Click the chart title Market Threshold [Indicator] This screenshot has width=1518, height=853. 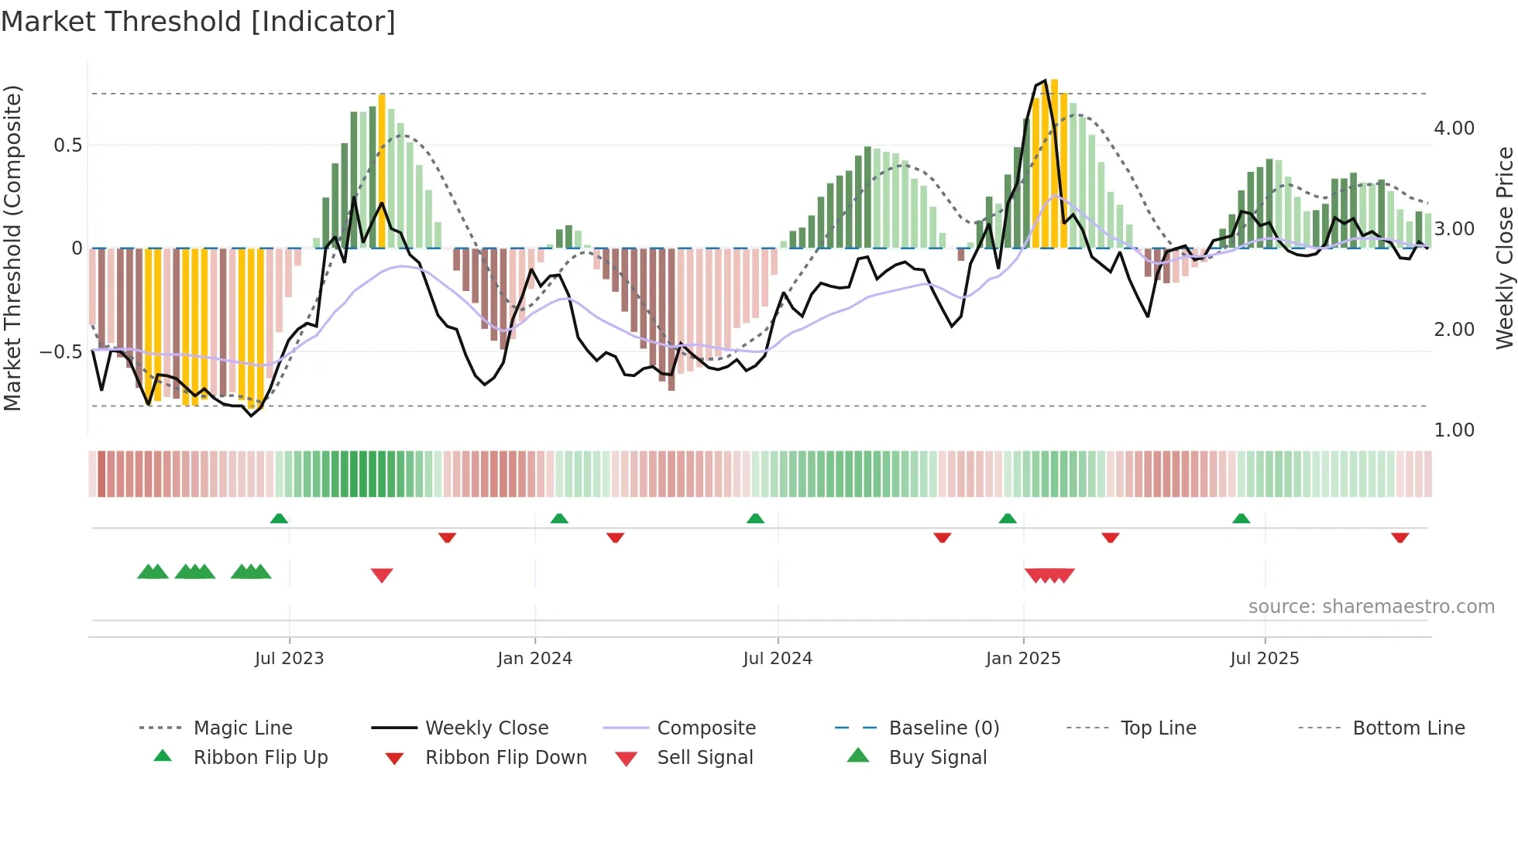click(x=198, y=22)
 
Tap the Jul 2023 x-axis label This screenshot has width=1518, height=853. click(x=289, y=659)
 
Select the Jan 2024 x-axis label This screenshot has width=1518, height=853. click(x=534, y=659)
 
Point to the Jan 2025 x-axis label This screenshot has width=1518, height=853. click(x=1022, y=659)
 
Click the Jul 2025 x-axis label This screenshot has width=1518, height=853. click(x=1264, y=659)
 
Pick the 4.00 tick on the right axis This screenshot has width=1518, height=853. click(x=1454, y=128)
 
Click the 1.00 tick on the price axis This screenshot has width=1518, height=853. click(x=1454, y=430)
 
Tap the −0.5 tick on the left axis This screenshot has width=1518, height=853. click(x=61, y=352)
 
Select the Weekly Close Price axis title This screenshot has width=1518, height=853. click(x=1504, y=248)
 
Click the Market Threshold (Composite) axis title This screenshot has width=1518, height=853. click(x=12, y=248)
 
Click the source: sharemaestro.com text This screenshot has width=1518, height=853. click(x=1371, y=607)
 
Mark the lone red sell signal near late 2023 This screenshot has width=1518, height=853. click(x=382, y=575)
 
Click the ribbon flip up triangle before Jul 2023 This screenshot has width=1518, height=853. click(x=279, y=519)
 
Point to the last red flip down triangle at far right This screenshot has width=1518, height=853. click(x=1400, y=537)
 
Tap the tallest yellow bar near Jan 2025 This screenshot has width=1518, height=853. click(x=1054, y=163)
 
